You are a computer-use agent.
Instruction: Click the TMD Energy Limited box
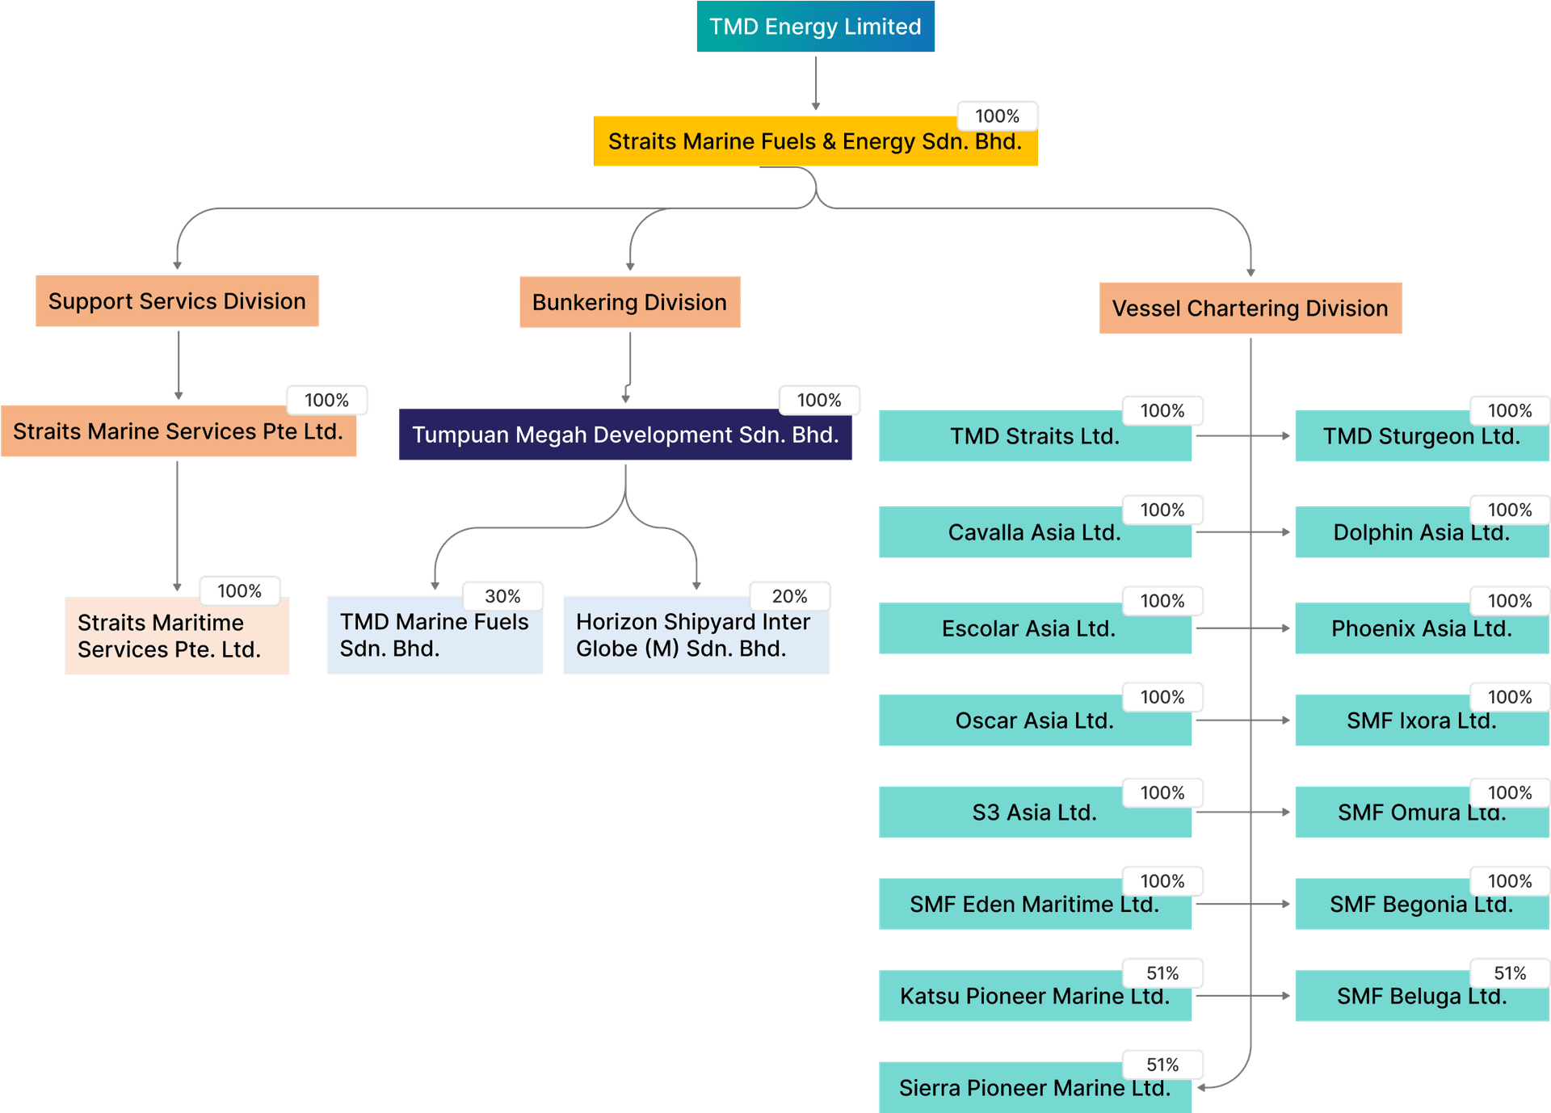coord(815,27)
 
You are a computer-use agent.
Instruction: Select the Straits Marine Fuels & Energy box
coord(814,142)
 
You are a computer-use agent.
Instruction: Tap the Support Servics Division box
coord(177,301)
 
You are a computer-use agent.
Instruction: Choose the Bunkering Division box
coord(629,302)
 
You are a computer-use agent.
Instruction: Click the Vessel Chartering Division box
coord(1250,308)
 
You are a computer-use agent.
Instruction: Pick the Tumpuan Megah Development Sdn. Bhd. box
coord(625,435)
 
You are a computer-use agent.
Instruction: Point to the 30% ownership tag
coord(502,596)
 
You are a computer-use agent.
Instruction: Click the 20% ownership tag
coord(789,596)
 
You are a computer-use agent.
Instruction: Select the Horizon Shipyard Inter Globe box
coord(696,636)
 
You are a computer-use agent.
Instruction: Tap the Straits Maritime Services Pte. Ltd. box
coord(177,636)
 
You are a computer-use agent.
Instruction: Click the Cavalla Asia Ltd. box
coord(1034,533)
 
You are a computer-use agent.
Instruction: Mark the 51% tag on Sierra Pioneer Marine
coord(1162,1065)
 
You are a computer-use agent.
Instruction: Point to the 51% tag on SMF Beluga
coord(1509,973)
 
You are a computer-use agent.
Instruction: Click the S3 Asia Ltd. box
coord(1034,813)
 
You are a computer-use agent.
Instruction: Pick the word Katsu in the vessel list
coord(929,997)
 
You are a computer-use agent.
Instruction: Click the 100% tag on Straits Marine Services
coord(326,400)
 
